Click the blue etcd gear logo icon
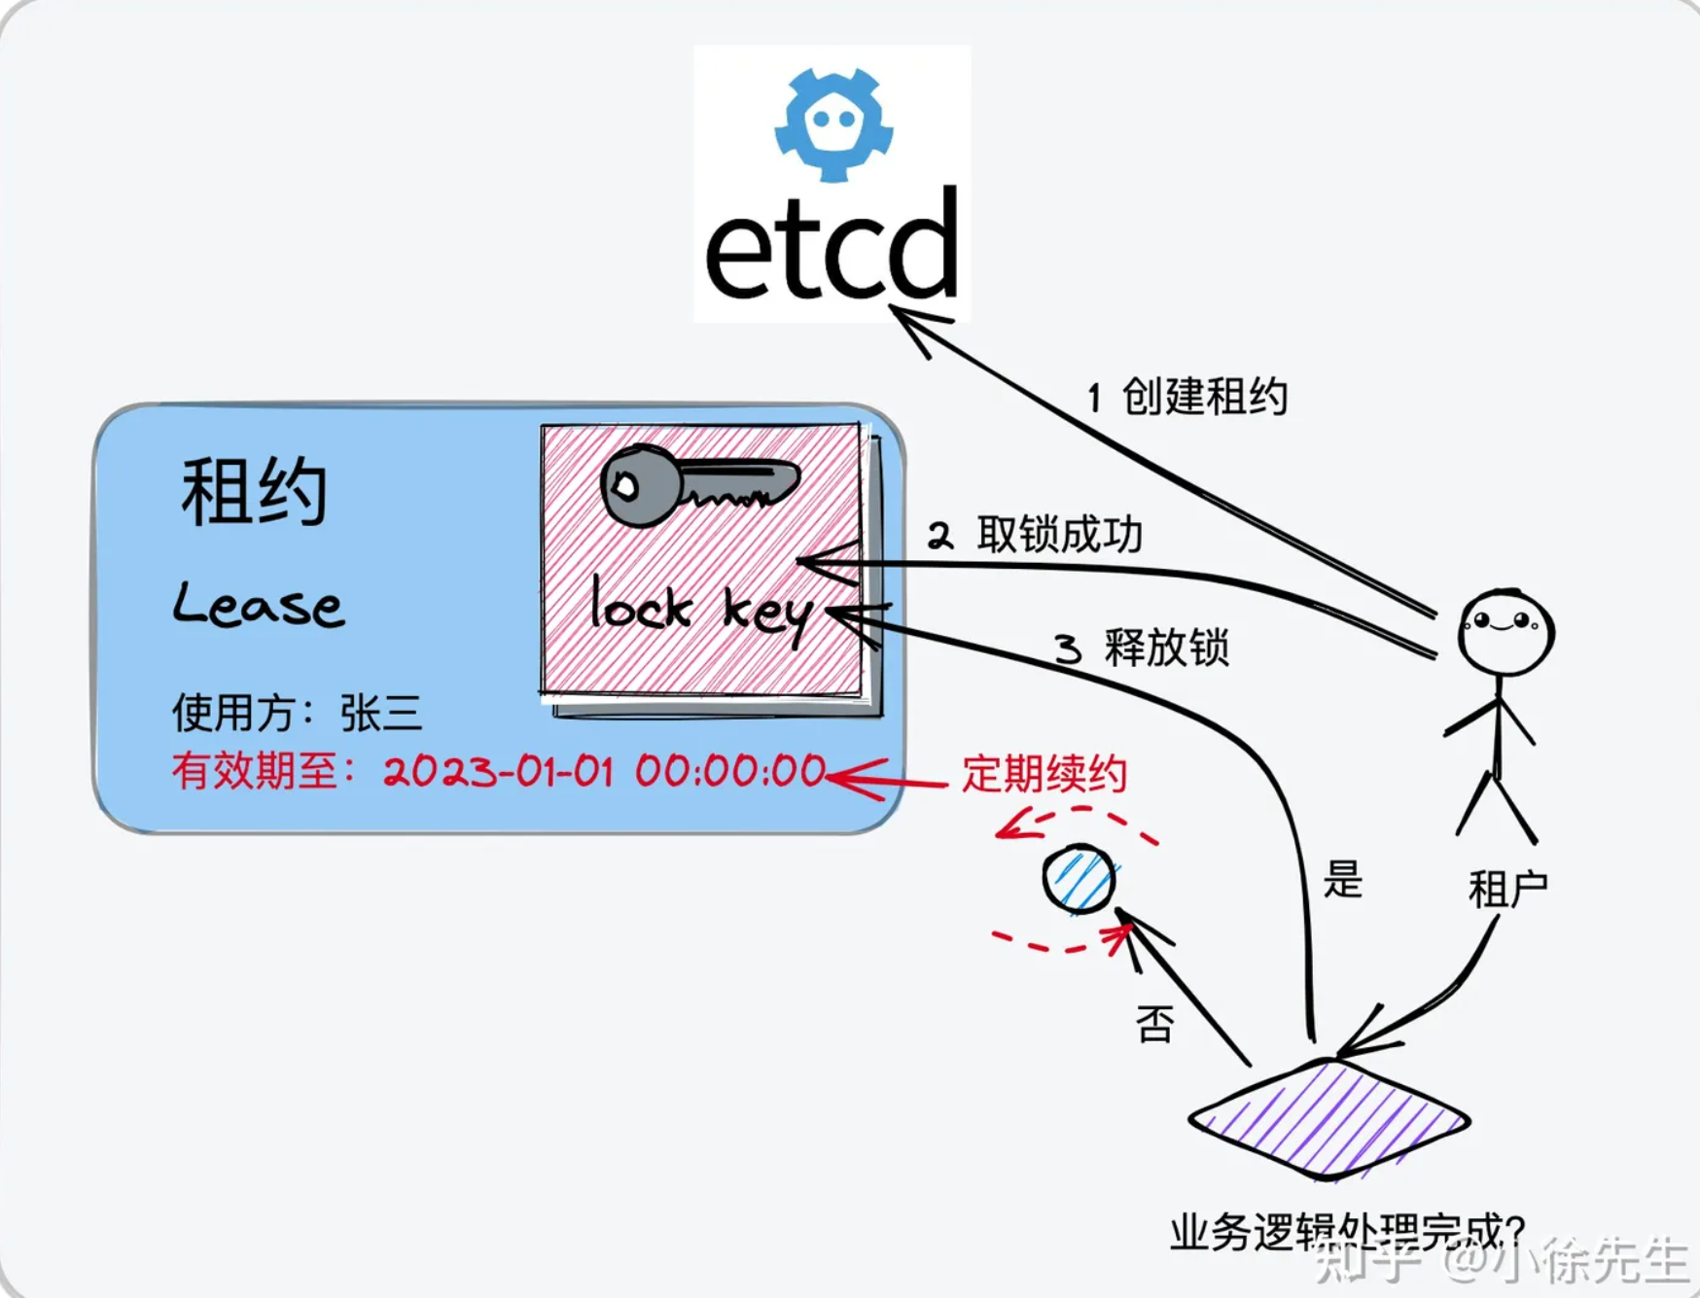(833, 123)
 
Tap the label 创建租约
(1204, 397)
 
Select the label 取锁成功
(1059, 535)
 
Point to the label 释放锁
(1166, 648)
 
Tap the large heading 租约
(254, 492)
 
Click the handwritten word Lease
(259, 605)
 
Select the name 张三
(380, 714)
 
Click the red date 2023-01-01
(498, 772)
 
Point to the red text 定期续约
(1045, 775)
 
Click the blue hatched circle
(1079, 879)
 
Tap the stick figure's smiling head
(1505, 631)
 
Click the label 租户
(1507, 889)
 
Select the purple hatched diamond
(1329, 1119)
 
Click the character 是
(1342, 881)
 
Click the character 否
(1154, 1024)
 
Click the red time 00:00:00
(730, 772)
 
